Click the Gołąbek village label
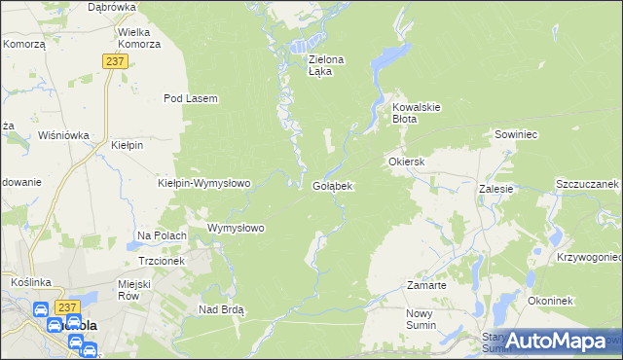click(x=332, y=185)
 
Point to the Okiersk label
click(x=407, y=161)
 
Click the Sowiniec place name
click(x=517, y=135)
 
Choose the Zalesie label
click(x=495, y=189)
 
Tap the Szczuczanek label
click(x=587, y=183)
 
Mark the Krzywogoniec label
click(x=589, y=257)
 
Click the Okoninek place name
click(x=550, y=301)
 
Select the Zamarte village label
click(x=426, y=286)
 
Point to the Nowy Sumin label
click(x=424, y=319)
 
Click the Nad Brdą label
click(x=221, y=309)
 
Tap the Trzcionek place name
click(x=162, y=261)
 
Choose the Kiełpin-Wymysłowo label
click(x=204, y=183)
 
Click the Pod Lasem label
click(x=190, y=98)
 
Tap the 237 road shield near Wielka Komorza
click(x=114, y=60)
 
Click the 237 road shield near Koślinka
click(x=67, y=307)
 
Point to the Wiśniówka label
click(x=63, y=135)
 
